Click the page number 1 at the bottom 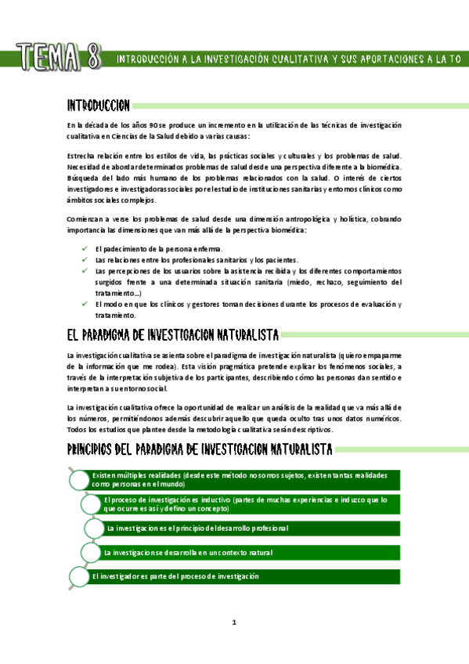[x=233, y=622]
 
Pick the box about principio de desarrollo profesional [x=252, y=529]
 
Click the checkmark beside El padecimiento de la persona [x=84, y=248]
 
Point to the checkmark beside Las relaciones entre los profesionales [x=84, y=259]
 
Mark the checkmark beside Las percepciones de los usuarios [x=84, y=270]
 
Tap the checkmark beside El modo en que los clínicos [x=84, y=304]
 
